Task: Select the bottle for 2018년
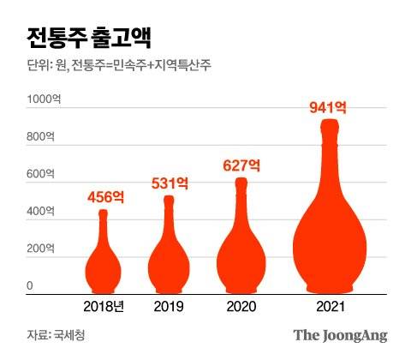click(104, 266)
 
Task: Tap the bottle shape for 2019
click(169, 261)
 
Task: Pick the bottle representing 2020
click(241, 257)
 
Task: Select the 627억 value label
click(241, 164)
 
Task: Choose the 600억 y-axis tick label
click(39, 175)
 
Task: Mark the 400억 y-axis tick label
click(39, 212)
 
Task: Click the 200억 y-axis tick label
click(39, 249)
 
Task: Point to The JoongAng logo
click(340, 335)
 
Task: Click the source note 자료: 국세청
click(55, 335)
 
